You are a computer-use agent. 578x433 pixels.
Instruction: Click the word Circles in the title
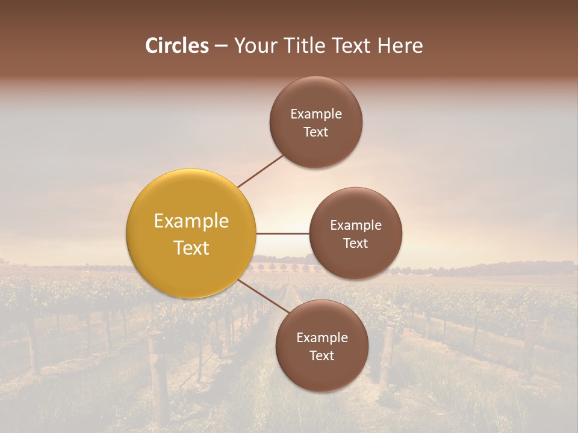[176, 46]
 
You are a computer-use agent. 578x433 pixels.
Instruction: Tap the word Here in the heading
[400, 46]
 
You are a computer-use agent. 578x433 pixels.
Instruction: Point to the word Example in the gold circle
[191, 221]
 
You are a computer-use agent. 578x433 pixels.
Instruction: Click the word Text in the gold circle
[191, 248]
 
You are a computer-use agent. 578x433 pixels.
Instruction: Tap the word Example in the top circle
[316, 114]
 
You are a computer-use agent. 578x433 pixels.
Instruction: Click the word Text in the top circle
[316, 132]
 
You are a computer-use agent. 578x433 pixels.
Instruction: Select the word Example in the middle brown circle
[356, 226]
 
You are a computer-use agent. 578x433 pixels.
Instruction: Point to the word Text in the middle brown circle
[356, 244]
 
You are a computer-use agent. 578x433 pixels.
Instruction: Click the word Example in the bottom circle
[322, 338]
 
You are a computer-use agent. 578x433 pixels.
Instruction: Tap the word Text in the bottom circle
[322, 356]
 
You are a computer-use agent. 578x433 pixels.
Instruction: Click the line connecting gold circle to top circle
[260, 171]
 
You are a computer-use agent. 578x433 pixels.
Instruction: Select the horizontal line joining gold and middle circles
[282, 233]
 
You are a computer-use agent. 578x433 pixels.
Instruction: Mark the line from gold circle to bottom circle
[263, 295]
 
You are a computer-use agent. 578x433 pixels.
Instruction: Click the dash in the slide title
[221, 46]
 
